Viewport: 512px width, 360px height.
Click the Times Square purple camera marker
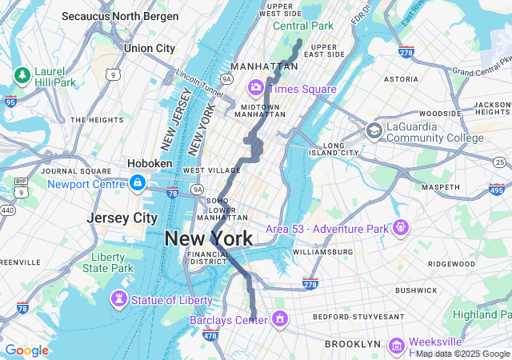coord(256,86)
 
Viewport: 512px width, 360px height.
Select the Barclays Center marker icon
coord(280,319)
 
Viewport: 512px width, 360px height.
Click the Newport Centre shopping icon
coord(138,183)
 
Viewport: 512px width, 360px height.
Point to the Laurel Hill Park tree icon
coord(21,75)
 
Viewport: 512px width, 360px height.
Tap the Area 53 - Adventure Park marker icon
coord(400,228)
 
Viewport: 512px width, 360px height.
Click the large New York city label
coord(209,238)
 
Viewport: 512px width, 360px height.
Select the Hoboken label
coord(150,163)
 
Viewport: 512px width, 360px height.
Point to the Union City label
coord(149,48)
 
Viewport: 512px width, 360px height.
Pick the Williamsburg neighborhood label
coord(322,251)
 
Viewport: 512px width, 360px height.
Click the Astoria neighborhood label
coord(401,79)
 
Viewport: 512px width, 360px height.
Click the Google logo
coord(26,350)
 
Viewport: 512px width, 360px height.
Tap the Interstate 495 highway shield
coord(496,189)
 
